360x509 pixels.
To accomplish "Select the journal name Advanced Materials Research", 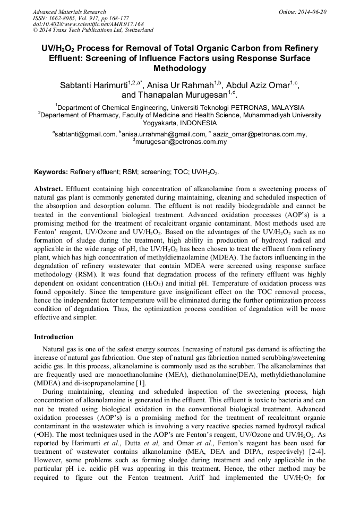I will coord(69,12).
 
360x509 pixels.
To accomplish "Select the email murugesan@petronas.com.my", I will coord(182,142).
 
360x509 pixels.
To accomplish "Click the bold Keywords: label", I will coord(51,172).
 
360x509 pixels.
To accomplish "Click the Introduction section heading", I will coord(54,337).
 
